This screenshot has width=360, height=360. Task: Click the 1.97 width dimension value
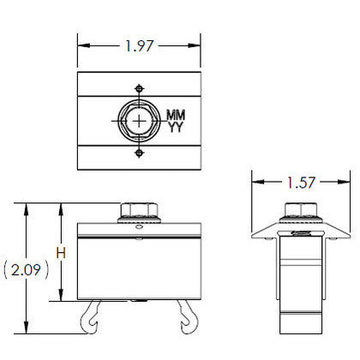(x=140, y=47)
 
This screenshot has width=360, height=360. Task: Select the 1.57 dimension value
(x=302, y=183)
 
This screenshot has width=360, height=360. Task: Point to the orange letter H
(x=60, y=253)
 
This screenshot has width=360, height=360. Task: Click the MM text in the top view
(x=176, y=115)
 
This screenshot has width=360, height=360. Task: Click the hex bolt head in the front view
(x=140, y=211)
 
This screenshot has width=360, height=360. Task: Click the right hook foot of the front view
(x=188, y=318)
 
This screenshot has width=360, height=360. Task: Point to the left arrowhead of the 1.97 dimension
(x=81, y=47)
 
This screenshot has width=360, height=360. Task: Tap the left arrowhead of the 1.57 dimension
(x=255, y=183)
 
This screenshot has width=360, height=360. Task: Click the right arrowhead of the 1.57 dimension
(x=348, y=183)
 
